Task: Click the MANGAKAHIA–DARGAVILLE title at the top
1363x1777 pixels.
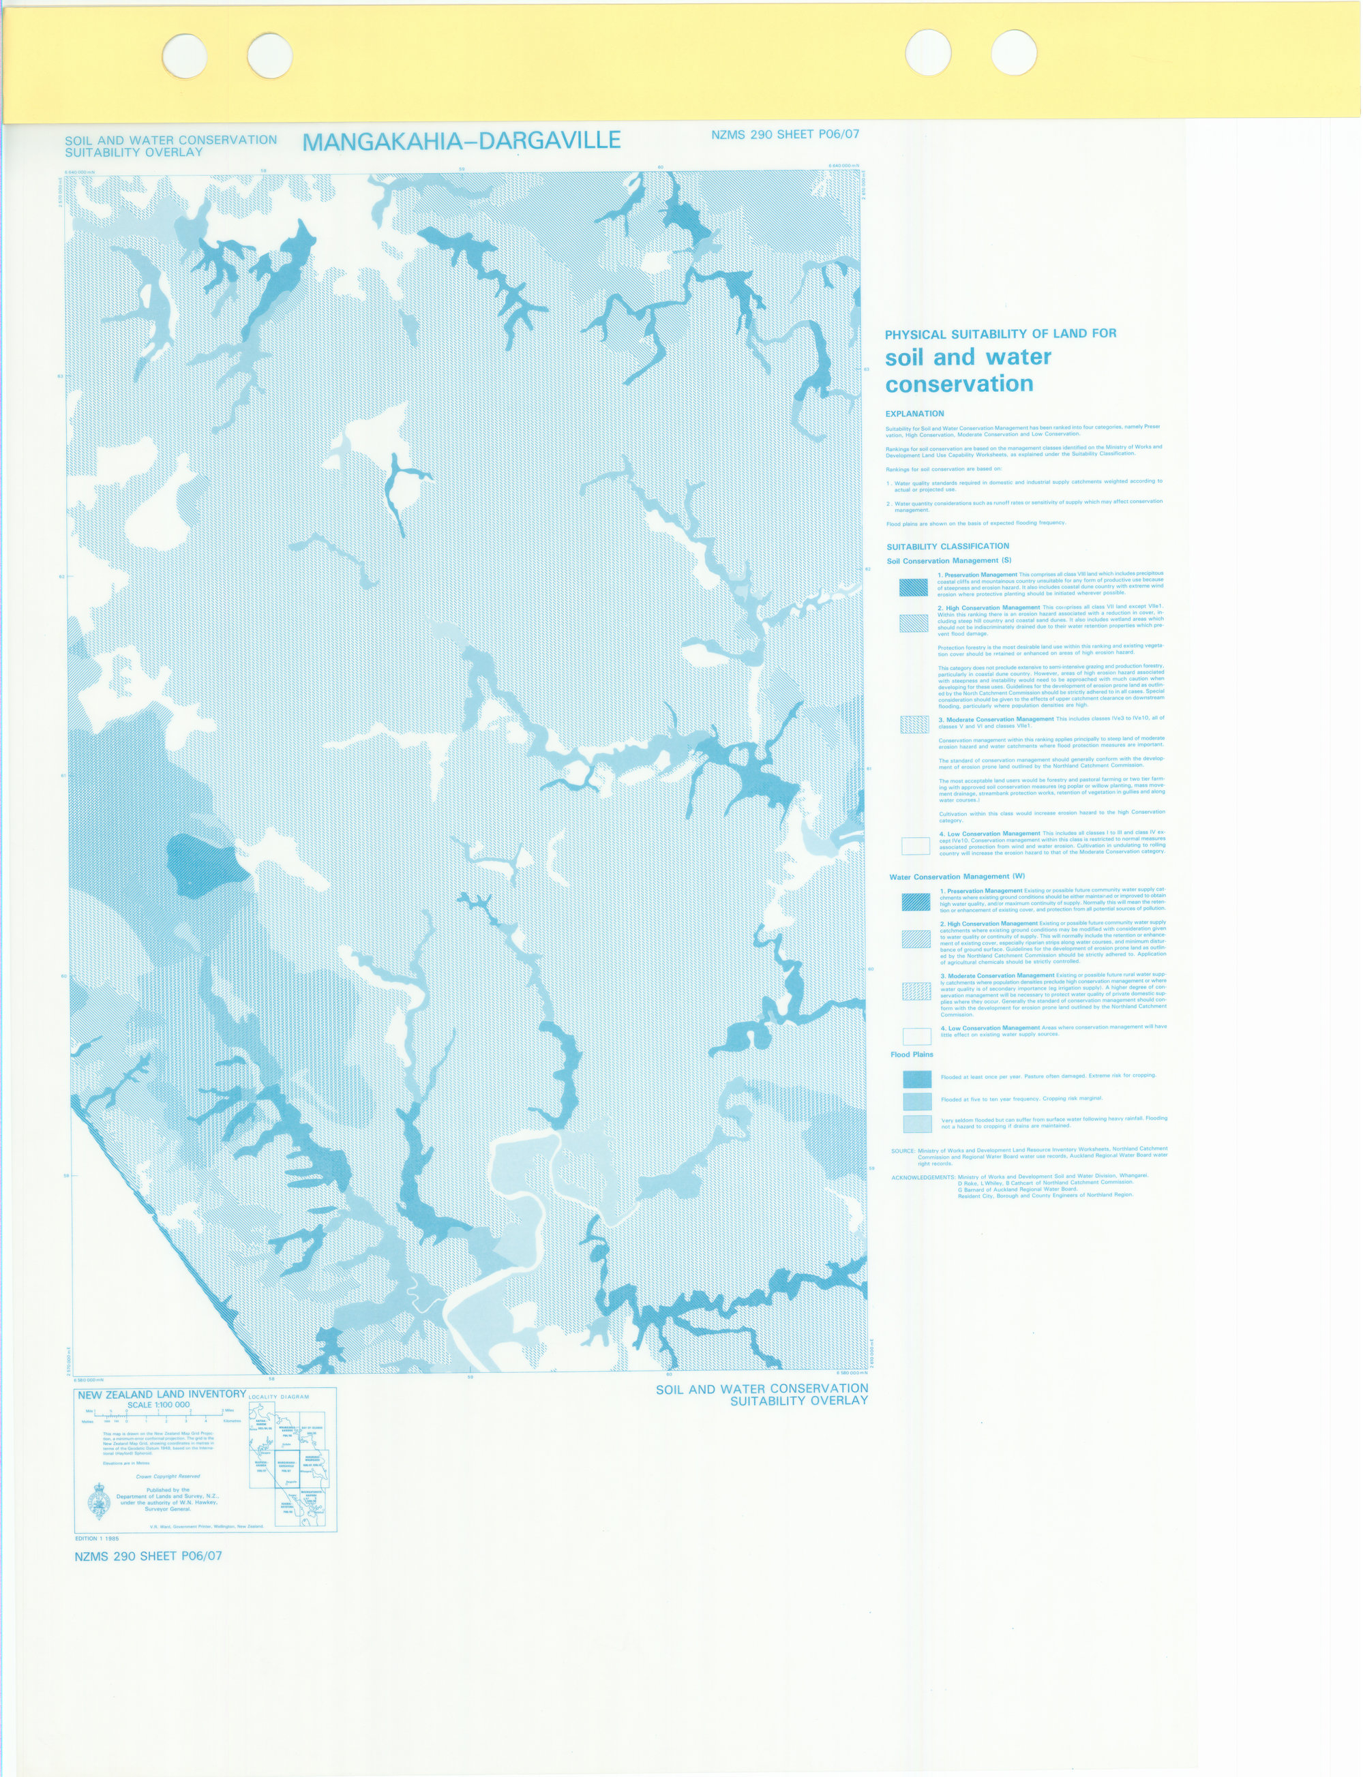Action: (x=461, y=141)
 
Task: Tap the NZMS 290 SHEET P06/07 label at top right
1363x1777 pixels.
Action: (x=785, y=135)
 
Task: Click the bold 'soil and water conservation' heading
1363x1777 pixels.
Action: (x=968, y=370)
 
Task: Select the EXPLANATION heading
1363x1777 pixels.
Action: (x=914, y=414)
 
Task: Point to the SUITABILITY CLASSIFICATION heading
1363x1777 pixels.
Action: (x=948, y=547)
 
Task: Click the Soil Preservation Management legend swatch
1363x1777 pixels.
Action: (x=914, y=587)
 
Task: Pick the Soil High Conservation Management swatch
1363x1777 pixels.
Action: (x=914, y=623)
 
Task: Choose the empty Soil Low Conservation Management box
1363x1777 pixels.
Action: (x=915, y=845)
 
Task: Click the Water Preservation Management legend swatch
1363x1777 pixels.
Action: (x=916, y=901)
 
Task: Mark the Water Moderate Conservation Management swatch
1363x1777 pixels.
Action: (x=916, y=990)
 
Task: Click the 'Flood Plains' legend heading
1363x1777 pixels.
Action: (x=912, y=1054)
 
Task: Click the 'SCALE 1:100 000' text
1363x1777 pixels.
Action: (x=158, y=1405)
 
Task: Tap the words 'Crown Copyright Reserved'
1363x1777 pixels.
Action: (x=168, y=1476)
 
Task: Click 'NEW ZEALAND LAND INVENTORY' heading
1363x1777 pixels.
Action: (x=162, y=1394)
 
